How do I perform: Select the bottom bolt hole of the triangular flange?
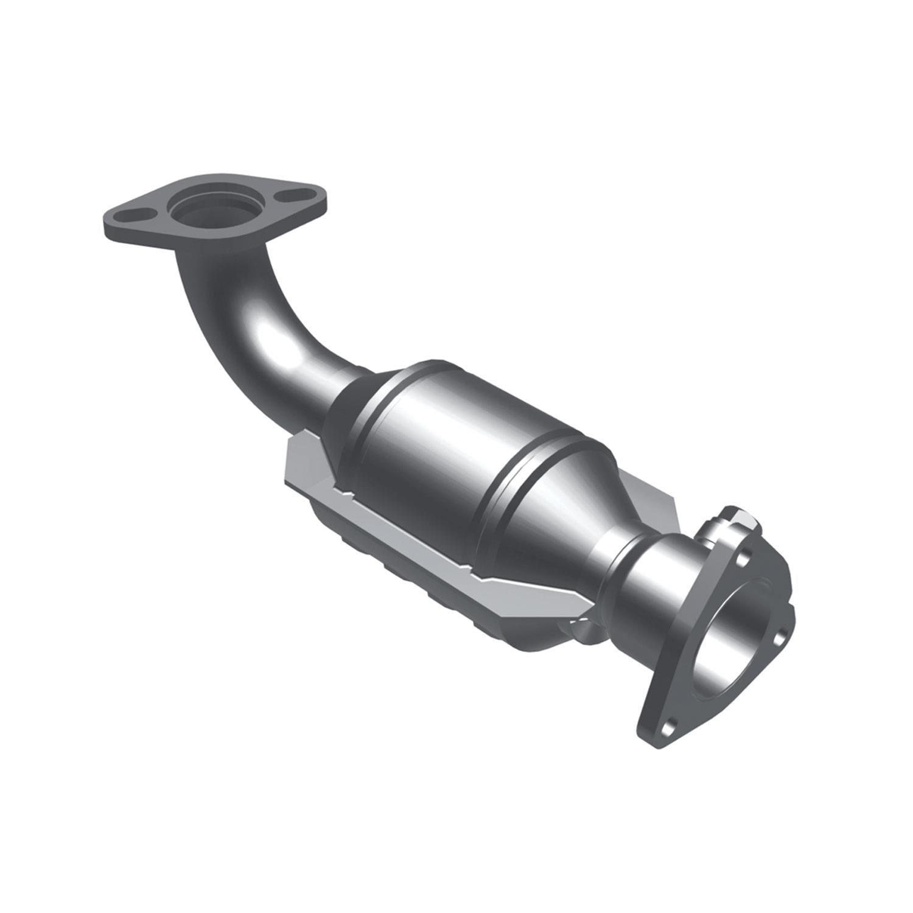coord(670,726)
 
